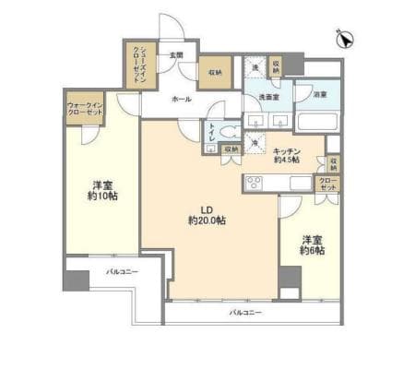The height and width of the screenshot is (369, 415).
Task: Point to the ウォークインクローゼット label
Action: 84,111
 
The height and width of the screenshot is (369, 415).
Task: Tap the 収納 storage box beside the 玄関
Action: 214,72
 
